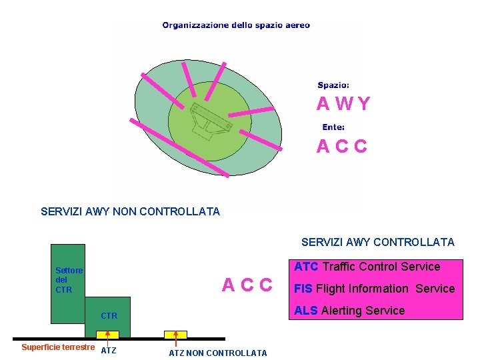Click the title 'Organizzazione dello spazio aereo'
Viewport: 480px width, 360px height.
236,25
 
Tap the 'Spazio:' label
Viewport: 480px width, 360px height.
333,85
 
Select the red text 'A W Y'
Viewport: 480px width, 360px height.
343,104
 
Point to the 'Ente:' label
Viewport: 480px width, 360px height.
333,127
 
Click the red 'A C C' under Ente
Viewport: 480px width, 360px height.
341,147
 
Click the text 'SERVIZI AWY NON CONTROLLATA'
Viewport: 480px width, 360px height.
130,212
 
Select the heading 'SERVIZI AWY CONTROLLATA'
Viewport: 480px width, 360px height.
377,243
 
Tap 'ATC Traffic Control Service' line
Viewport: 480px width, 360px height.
367,267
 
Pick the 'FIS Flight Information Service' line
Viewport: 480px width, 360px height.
374,289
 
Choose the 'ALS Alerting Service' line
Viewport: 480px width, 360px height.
349,311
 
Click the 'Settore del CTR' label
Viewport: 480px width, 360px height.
69,281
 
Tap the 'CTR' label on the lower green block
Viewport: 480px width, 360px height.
109,316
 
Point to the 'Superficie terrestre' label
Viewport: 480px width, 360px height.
57,347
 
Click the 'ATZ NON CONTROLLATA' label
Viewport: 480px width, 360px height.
217,353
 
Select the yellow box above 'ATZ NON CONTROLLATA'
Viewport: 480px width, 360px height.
176,334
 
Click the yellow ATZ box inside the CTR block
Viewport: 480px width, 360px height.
107,334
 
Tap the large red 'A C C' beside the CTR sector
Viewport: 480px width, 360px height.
247,285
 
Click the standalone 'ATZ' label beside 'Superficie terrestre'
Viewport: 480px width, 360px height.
108,351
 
